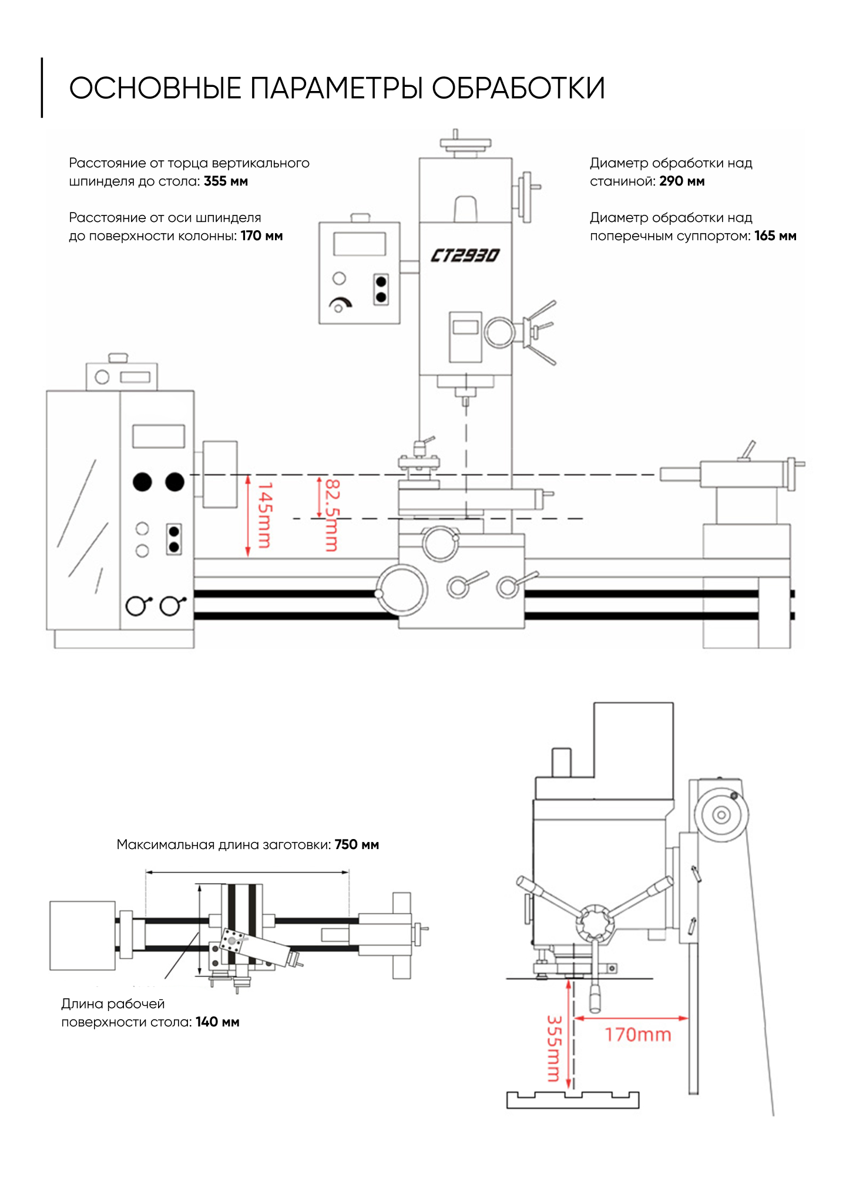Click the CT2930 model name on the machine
click(465, 255)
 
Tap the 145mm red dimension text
click(264, 515)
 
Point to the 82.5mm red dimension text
click(332, 516)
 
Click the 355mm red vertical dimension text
click(554, 1049)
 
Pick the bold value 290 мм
click(681, 181)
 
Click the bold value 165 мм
click(775, 235)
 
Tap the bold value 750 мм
click(357, 844)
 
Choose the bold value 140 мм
click(217, 1022)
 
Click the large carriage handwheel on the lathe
click(402, 590)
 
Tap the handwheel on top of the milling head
click(465, 143)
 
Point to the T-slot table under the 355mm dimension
click(573, 1100)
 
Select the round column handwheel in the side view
click(721, 814)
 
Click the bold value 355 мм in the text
click(226, 181)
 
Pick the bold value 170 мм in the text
click(262, 235)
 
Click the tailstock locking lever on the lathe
click(747, 450)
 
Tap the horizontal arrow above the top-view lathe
click(247, 872)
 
